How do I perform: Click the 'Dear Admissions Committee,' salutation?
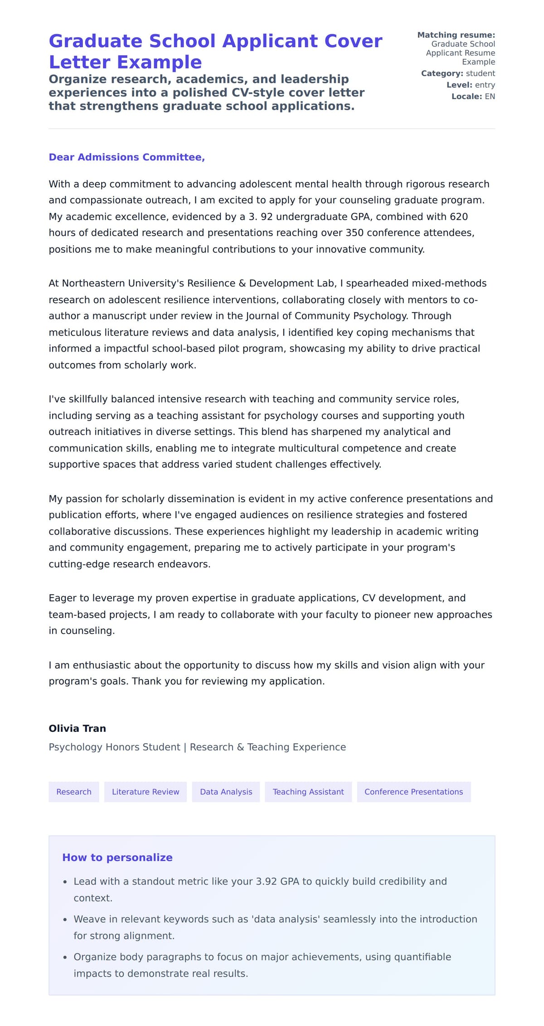(126, 157)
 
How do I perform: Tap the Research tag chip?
(74, 792)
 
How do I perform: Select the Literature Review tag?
(146, 792)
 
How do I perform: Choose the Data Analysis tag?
(226, 792)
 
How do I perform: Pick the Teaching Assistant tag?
(308, 792)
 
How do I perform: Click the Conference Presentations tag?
(413, 792)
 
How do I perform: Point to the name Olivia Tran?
(78, 728)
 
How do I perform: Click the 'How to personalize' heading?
(117, 857)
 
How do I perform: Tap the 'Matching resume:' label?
(456, 35)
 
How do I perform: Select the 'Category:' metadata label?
(442, 73)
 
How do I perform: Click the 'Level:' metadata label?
(459, 85)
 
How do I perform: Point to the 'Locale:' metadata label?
(466, 97)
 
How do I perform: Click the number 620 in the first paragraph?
(458, 217)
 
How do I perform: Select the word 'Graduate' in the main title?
(96, 41)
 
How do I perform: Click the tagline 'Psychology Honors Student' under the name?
(114, 747)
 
